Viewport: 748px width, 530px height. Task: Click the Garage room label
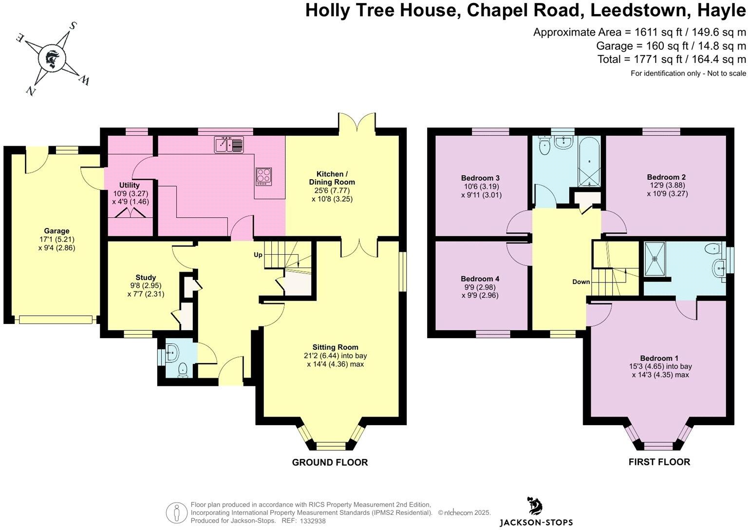pyautogui.click(x=56, y=231)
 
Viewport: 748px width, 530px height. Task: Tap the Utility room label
pyautogui.click(x=129, y=185)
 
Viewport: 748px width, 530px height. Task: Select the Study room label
pyautogui.click(x=146, y=278)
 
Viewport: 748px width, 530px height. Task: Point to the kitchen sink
pyautogui.click(x=229, y=145)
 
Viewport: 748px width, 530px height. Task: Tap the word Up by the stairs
pyautogui.click(x=258, y=255)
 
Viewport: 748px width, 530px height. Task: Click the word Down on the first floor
pyautogui.click(x=581, y=282)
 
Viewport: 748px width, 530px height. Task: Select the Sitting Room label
pyautogui.click(x=335, y=347)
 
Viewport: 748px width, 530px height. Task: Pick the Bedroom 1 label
pyautogui.click(x=660, y=358)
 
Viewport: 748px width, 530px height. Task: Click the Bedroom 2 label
pyautogui.click(x=667, y=177)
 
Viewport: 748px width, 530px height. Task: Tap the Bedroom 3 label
pyautogui.click(x=480, y=178)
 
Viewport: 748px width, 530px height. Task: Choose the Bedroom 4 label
pyautogui.click(x=480, y=279)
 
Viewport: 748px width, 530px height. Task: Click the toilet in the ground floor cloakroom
pyautogui.click(x=183, y=370)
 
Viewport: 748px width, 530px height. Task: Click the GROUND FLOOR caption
pyautogui.click(x=330, y=462)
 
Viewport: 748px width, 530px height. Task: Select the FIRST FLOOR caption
pyautogui.click(x=659, y=462)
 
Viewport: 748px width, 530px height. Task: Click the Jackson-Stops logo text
pyautogui.click(x=536, y=523)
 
